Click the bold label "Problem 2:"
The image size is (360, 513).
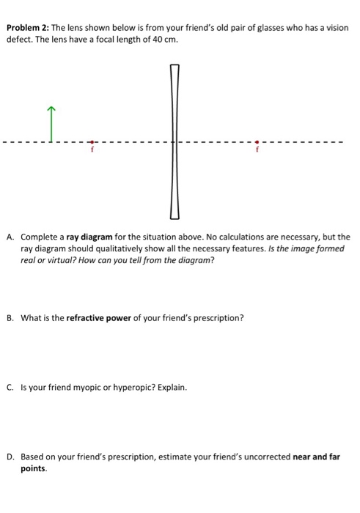tap(27, 28)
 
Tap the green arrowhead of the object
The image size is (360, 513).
tap(51, 110)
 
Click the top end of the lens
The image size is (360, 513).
tap(175, 67)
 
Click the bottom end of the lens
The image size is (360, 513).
tap(175, 216)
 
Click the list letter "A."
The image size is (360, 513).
tap(10, 237)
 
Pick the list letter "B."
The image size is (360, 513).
tap(10, 318)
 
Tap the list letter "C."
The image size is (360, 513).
tap(10, 387)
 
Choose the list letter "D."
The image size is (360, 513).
tap(10, 456)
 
